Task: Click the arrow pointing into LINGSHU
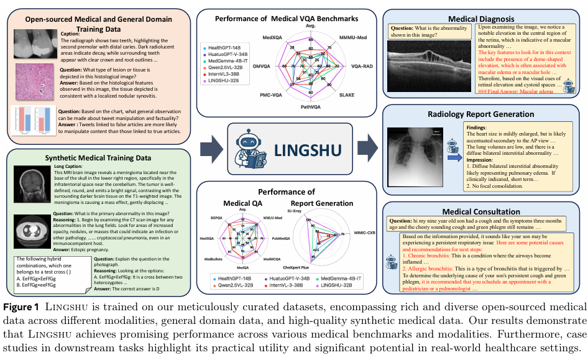pyautogui.click(x=211, y=149)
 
